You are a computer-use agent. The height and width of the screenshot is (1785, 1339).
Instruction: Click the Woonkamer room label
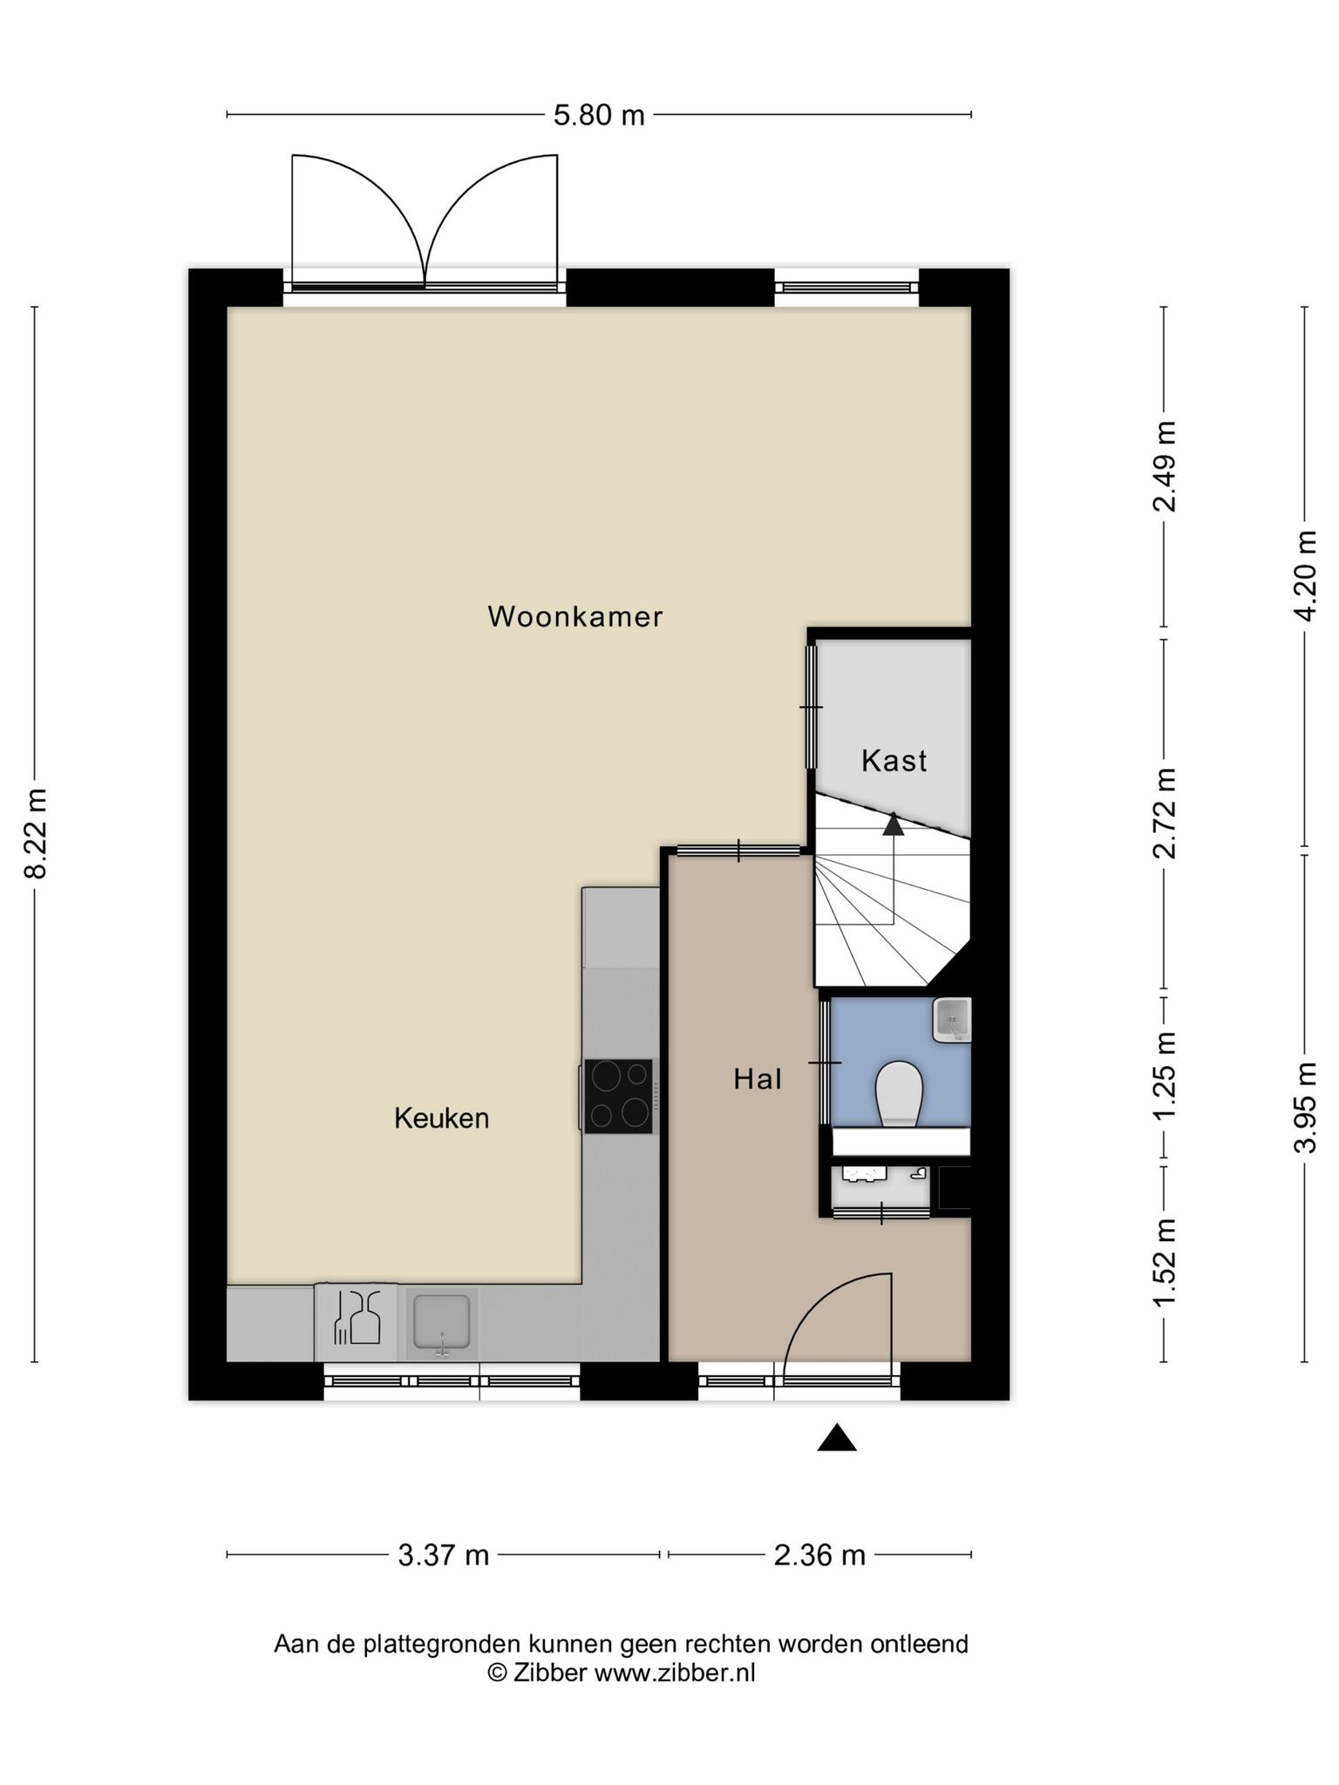tap(575, 617)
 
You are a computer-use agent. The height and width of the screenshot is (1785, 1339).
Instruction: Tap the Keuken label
tap(441, 1118)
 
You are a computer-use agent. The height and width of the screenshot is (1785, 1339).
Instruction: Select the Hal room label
tap(758, 1080)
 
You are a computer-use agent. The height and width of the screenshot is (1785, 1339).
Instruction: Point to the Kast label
tap(894, 761)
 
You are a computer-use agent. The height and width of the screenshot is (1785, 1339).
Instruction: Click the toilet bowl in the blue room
tap(899, 1092)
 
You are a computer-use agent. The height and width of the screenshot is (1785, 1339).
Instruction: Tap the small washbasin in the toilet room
tap(952, 1020)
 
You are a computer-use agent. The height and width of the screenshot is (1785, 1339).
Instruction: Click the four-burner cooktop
tap(618, 1096)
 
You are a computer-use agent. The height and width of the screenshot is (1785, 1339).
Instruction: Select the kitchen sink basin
tap(442, 1323)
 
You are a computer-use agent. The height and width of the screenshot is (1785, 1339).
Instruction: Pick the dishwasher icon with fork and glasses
tap(357, 1323)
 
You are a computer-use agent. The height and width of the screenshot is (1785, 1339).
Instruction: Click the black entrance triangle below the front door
tap(837, 1437)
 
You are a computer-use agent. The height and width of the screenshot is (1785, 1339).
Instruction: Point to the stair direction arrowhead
tap(894, 824)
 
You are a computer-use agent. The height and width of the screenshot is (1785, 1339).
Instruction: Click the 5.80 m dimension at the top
tap(599, 115)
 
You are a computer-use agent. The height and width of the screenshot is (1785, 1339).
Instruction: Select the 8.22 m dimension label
tap(37, 833)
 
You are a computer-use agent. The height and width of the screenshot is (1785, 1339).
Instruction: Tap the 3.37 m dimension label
tap(444, 1556)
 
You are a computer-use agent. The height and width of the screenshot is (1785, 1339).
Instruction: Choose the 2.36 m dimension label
tap(819, 1556)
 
